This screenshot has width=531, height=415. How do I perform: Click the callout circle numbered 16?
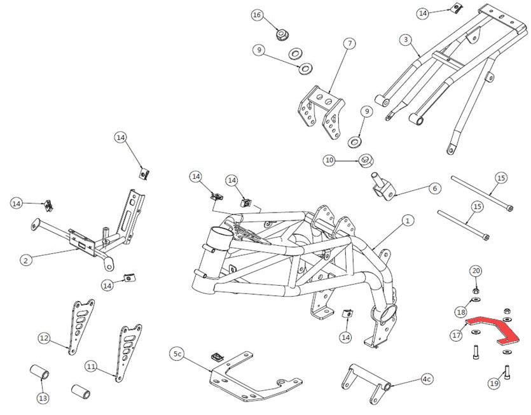click(257, 15)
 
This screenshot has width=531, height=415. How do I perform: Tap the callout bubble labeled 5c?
click(177, 353)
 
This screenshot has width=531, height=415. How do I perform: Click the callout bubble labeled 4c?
click(427, 379)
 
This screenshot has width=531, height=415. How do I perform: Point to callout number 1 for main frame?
click(408, 221)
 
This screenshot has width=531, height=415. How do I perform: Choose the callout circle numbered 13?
click(43, 398)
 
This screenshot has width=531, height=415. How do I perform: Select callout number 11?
click(91, 367)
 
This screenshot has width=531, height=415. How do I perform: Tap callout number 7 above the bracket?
click(349, 44)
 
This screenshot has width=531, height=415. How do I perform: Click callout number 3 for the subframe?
click(404, 39)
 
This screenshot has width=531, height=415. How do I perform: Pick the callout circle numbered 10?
click(329, 160)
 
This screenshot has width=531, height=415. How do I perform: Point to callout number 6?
click(435, 188)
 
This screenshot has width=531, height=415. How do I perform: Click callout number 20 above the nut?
click(476, 271)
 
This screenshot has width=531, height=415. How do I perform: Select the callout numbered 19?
click(494, 383)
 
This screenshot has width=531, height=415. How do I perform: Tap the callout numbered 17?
click(457, 334)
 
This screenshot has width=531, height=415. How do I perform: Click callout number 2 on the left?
click(25, 260)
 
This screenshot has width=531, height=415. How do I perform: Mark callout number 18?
click(461, 311)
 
